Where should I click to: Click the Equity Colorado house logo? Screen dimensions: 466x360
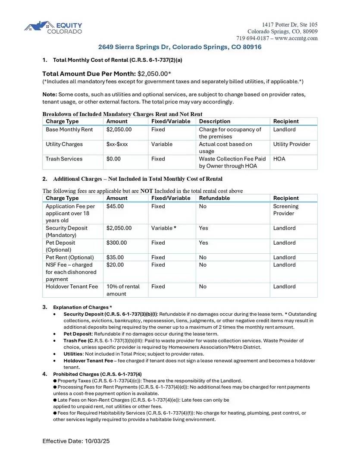[x=39, y=27]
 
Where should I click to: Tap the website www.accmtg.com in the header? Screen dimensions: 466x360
[x=296, y=38]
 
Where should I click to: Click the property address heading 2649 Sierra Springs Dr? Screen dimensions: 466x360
[x=179, y=47]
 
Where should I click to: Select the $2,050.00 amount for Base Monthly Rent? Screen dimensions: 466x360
[x=119, y=129]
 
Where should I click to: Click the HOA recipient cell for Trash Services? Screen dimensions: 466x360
[x=279, y=159]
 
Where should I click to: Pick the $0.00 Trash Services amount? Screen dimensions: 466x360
[x=113, y=159]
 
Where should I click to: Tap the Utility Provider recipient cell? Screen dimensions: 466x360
[x=291, y=144]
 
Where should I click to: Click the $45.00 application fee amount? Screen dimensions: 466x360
[x=115, y=206]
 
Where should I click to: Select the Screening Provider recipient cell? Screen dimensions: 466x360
[x=285, y=210]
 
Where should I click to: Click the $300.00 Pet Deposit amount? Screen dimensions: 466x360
[x=117, y=242]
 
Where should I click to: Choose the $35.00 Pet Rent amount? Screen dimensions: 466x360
[x=115, y=257]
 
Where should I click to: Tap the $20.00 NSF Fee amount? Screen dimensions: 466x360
[x=115, y=264]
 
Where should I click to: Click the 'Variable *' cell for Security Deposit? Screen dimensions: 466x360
[x=163, y=228]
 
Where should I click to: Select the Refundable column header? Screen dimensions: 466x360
[x=214, y=198]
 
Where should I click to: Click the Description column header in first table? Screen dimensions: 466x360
[x=215, y=121]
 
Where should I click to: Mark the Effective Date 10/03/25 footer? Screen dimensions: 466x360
[x=76, y=441]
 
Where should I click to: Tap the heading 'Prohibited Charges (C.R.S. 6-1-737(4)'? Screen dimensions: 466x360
[x=97, y=374]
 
